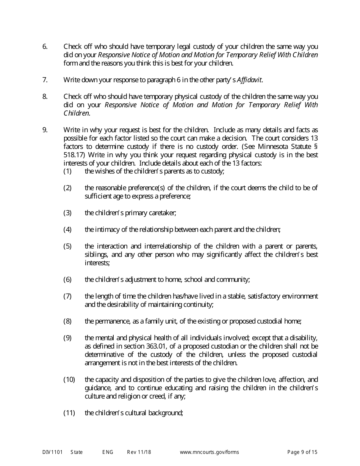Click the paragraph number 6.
[45, 47]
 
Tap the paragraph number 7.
[45, 80]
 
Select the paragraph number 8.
[45, 97]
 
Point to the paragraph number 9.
[45, 130]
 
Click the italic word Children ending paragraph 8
[76, 113]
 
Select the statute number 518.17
[72, 155]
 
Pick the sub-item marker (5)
[67, 246]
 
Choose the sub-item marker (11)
[69, 413]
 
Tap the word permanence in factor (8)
[113, 321]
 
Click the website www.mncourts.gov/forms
[209, 452]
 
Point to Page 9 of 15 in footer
[302, 452]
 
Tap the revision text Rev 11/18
[139, 452]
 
